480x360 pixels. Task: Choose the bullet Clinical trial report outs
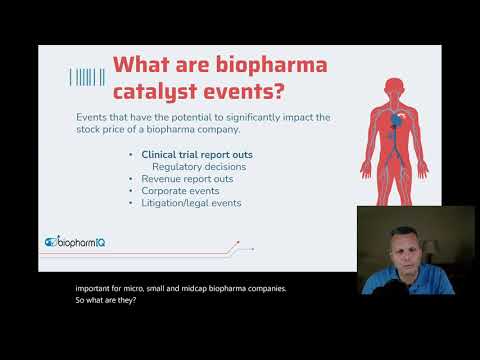(190, 155)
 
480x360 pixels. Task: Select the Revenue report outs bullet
(186, 179)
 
